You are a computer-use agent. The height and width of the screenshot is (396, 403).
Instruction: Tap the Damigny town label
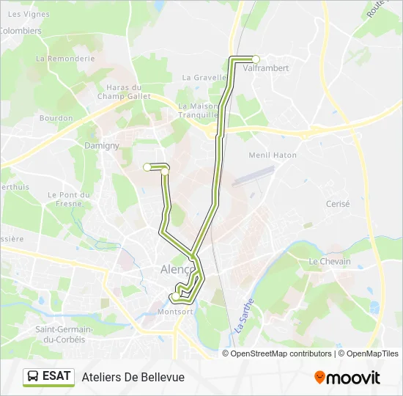(101, 145)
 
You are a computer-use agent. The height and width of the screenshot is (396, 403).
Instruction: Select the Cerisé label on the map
(338, 204)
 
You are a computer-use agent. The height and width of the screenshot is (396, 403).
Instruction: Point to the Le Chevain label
(330, 261)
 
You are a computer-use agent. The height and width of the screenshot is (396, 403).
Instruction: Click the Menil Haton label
(273, 155)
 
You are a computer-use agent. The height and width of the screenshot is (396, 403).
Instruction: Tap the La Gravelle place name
(202, 77)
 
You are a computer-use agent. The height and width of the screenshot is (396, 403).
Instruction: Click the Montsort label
(176, 311)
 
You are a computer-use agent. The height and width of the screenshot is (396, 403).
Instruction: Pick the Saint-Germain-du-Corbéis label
(61, 334)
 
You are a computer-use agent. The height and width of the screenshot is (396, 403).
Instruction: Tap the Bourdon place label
(56, 117)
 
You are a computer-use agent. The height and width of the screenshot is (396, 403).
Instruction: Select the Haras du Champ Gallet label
(124, 92)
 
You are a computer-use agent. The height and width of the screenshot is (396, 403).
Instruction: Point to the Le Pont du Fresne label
(68, 199)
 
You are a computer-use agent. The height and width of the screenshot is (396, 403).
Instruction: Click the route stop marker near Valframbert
(256, 59)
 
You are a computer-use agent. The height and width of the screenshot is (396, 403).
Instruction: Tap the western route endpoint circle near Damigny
(147, 167)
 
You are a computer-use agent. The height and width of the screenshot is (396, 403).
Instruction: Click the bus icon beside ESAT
(33, 376)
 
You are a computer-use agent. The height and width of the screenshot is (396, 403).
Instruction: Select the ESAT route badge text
(57, 376)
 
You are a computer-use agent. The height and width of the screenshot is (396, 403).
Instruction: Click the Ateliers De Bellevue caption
(133, 377)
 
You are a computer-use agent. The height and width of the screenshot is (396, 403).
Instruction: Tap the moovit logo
(347, 377)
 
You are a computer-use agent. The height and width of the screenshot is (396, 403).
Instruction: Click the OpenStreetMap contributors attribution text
(281, 353)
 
